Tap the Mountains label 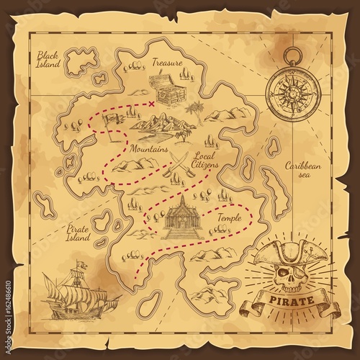click(x=148, y=149)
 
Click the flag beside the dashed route click(x=111, y=123)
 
